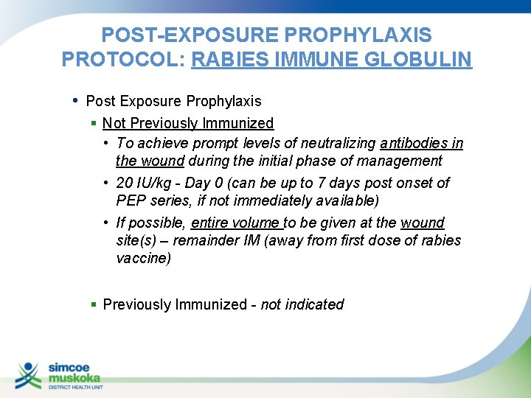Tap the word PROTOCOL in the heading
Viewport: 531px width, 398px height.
click(x=120, y=59)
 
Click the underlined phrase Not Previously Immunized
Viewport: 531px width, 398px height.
click(x=188, y=123)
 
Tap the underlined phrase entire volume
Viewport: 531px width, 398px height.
click(x=236, y=223)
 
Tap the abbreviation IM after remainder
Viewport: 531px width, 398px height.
click(x=253, y=240)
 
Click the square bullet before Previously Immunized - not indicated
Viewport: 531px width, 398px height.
click(x=94, y=304)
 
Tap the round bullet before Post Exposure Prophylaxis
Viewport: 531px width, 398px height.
click(x=77, y=100)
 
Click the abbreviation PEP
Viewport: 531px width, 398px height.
click(x=131, y=200)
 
